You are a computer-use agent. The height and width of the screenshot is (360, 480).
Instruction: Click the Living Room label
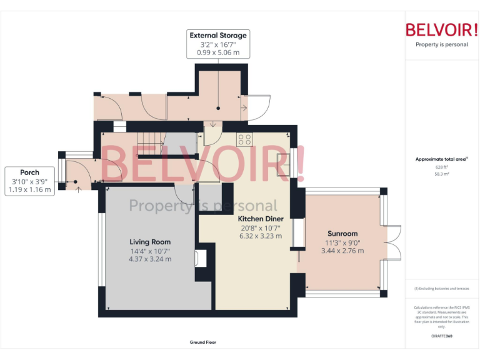(x=150, y=242)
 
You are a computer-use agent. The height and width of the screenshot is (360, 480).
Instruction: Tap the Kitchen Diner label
(x=261, y=219)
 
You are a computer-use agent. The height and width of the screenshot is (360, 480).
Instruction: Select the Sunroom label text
(x=342, y=234)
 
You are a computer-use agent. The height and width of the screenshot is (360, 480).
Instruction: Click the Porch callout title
(x=29, y=172)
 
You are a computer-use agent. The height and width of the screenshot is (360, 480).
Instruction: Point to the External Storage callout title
(x=218, y=36)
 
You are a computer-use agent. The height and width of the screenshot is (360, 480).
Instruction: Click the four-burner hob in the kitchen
(x=244, y=140)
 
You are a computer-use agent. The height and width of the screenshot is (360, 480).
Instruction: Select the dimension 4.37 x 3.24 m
(x=150, y=259)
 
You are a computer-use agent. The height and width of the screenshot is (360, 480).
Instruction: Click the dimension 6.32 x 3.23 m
(x=261, y=236)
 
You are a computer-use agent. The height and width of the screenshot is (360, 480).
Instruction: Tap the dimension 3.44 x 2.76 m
(x=342, y=251)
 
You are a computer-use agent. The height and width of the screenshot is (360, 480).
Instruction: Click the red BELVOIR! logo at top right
(x=442, y=29)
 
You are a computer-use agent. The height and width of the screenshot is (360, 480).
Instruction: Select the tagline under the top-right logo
(x=442, y=44)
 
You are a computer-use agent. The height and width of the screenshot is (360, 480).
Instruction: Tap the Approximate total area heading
(x=441, y=159)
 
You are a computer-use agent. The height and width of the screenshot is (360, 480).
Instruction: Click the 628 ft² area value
(x=442, y=167)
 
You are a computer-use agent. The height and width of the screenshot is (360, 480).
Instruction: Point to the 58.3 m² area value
(x=442, y=174)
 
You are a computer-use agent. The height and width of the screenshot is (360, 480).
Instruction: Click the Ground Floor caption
(x=202, y=342)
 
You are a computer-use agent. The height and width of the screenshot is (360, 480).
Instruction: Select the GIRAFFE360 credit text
(x=442, y=336)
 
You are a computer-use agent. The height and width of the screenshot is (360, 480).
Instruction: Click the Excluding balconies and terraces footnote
(x=442, y=288)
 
